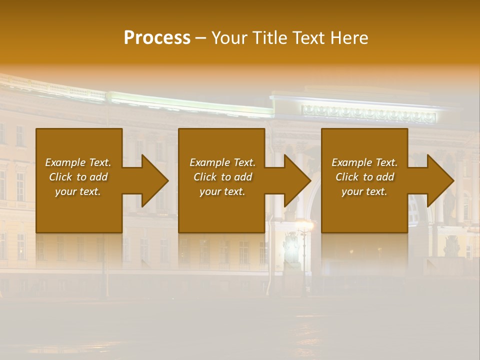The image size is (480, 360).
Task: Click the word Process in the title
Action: point(157,38)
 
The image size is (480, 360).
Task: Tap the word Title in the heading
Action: point(270,38)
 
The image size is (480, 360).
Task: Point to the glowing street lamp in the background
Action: point(303,225)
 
